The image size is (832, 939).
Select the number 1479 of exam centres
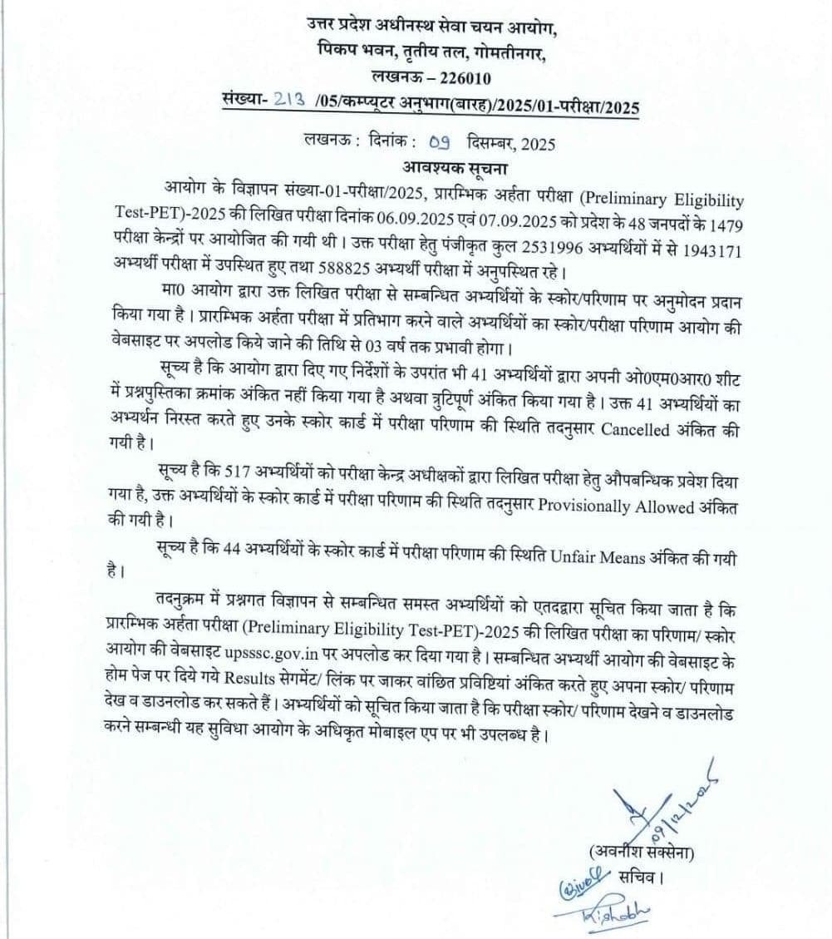tap(726, 225)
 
